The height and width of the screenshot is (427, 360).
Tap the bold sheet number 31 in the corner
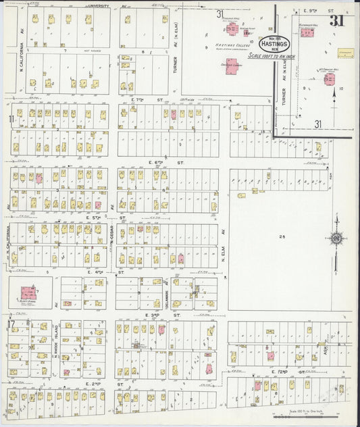[336, 20]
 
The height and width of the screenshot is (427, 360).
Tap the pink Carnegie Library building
[232, 67]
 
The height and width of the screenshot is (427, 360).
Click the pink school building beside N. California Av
[28, 293]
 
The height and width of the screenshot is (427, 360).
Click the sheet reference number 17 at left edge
[11, 323]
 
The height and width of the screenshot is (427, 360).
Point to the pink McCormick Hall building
[329, 79]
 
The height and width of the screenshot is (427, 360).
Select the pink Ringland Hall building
[232, 29]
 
